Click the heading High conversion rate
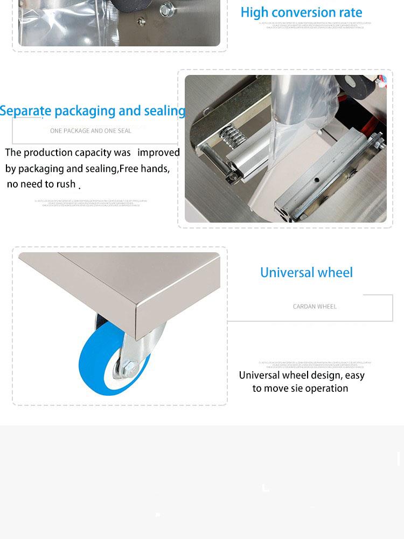pyautogui.click(x=301, y=12)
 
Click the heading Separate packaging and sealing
pyautogui.click(x=93, y=111)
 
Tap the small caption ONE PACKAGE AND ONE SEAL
pyautogui.click(x=90, y=131)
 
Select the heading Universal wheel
pyautogui.click(x=306, y=273)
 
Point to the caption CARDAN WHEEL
pyautogui.click(x=315, y=307)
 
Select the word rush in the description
pyautogui.click(x=66, y=184)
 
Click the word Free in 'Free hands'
pyautogui.click(x=129, y=169)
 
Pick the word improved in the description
pyautogui.click(x=158, y=153)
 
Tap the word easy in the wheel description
pyautogui.click(x=354, y=375)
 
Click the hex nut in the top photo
pyautogui.click(x=168, y=8)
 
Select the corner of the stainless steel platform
pyautogui.click(x=138, y=313)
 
